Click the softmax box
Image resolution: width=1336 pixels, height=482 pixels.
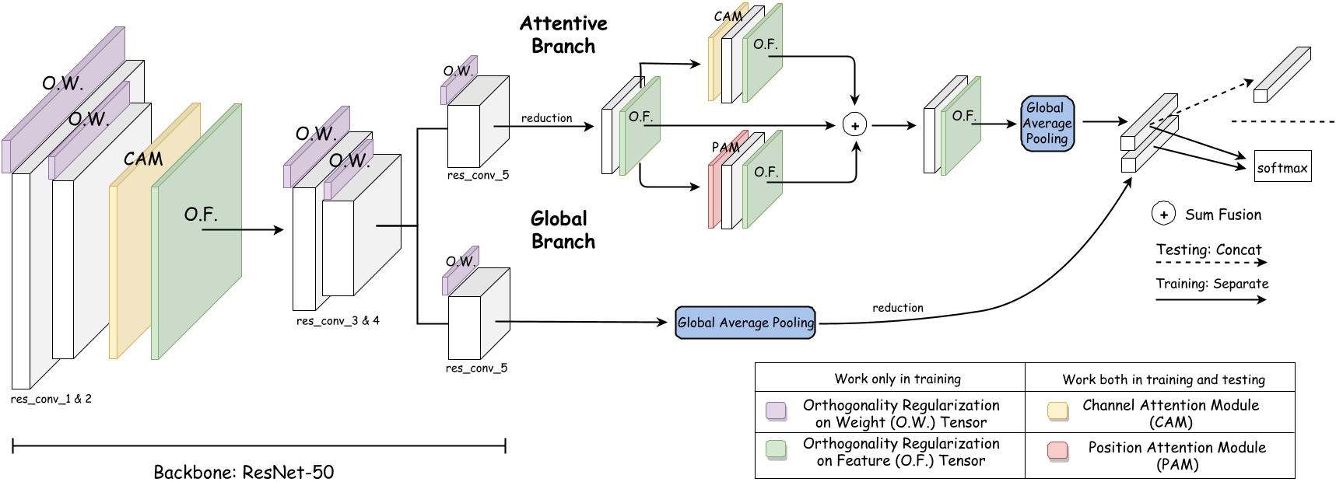click(1282, 166)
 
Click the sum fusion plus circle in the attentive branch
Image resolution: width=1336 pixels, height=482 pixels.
click(854, 125)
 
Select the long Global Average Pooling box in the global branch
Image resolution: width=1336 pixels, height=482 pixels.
click(745, 323)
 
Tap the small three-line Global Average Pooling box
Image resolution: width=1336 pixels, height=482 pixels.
click(1047, 124)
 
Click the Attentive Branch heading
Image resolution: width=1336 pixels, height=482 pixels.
click(563, 35)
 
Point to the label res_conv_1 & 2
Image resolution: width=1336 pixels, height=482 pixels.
click(51, 399)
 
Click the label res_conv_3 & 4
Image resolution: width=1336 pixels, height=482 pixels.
click(338, 320)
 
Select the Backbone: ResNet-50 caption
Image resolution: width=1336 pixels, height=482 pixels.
click(244, 472)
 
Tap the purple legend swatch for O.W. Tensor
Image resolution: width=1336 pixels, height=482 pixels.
click(776, 410)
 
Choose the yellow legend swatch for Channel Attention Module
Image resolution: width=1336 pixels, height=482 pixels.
click(1057, 410)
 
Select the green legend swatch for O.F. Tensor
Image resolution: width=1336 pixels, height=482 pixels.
click(776, 449)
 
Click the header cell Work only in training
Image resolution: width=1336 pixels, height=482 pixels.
click(897, 379)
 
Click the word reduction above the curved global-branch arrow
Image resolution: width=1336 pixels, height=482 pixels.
click(897, 308)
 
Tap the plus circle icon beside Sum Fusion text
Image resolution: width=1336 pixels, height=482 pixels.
click(1163, 215)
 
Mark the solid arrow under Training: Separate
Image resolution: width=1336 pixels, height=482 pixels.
click(1211, 299)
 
